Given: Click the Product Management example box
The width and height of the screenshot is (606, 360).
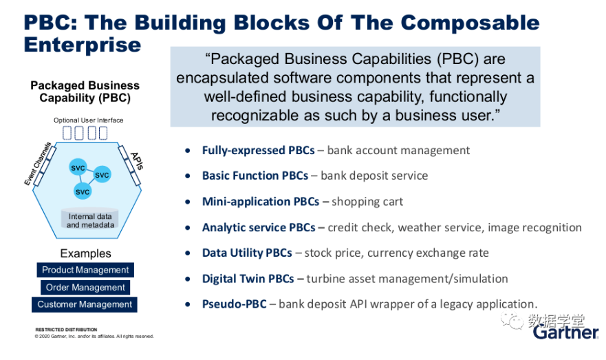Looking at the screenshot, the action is [85, 270].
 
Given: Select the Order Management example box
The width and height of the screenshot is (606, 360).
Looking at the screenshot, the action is [85, 287].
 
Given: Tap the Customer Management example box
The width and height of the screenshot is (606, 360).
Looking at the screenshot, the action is [85, 304].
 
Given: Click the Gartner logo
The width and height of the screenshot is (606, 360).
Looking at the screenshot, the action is [566, 332].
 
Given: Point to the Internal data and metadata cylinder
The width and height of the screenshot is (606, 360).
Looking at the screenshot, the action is [90, 220].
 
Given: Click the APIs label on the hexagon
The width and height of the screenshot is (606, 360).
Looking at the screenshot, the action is [137, 161].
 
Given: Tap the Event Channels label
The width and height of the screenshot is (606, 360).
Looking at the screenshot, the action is [38, 164].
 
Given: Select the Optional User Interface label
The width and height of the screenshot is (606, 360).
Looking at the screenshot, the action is [89, 120].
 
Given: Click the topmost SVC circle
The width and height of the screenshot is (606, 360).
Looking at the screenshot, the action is [78, 167].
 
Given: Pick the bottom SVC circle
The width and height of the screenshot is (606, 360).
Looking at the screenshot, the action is [83, 191].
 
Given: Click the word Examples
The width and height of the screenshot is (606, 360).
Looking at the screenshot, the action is [85, 253].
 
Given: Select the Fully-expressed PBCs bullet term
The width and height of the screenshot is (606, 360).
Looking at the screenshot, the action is [258, 151].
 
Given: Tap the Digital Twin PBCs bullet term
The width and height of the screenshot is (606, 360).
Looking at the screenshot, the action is [248, 278].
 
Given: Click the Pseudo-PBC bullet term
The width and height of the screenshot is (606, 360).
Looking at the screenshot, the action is [234, 304].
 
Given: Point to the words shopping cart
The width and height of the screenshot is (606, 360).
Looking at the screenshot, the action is [367, 202].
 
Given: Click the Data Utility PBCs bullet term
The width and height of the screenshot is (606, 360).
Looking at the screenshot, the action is [247, 253].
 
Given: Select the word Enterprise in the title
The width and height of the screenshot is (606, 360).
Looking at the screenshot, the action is [83, 45].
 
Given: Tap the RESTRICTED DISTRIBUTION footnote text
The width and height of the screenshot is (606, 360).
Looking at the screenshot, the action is [66, 330].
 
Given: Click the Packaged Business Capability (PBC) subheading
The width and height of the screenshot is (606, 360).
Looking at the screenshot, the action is [85, 92].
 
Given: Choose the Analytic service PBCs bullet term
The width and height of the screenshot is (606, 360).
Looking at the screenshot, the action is [259, 227].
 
